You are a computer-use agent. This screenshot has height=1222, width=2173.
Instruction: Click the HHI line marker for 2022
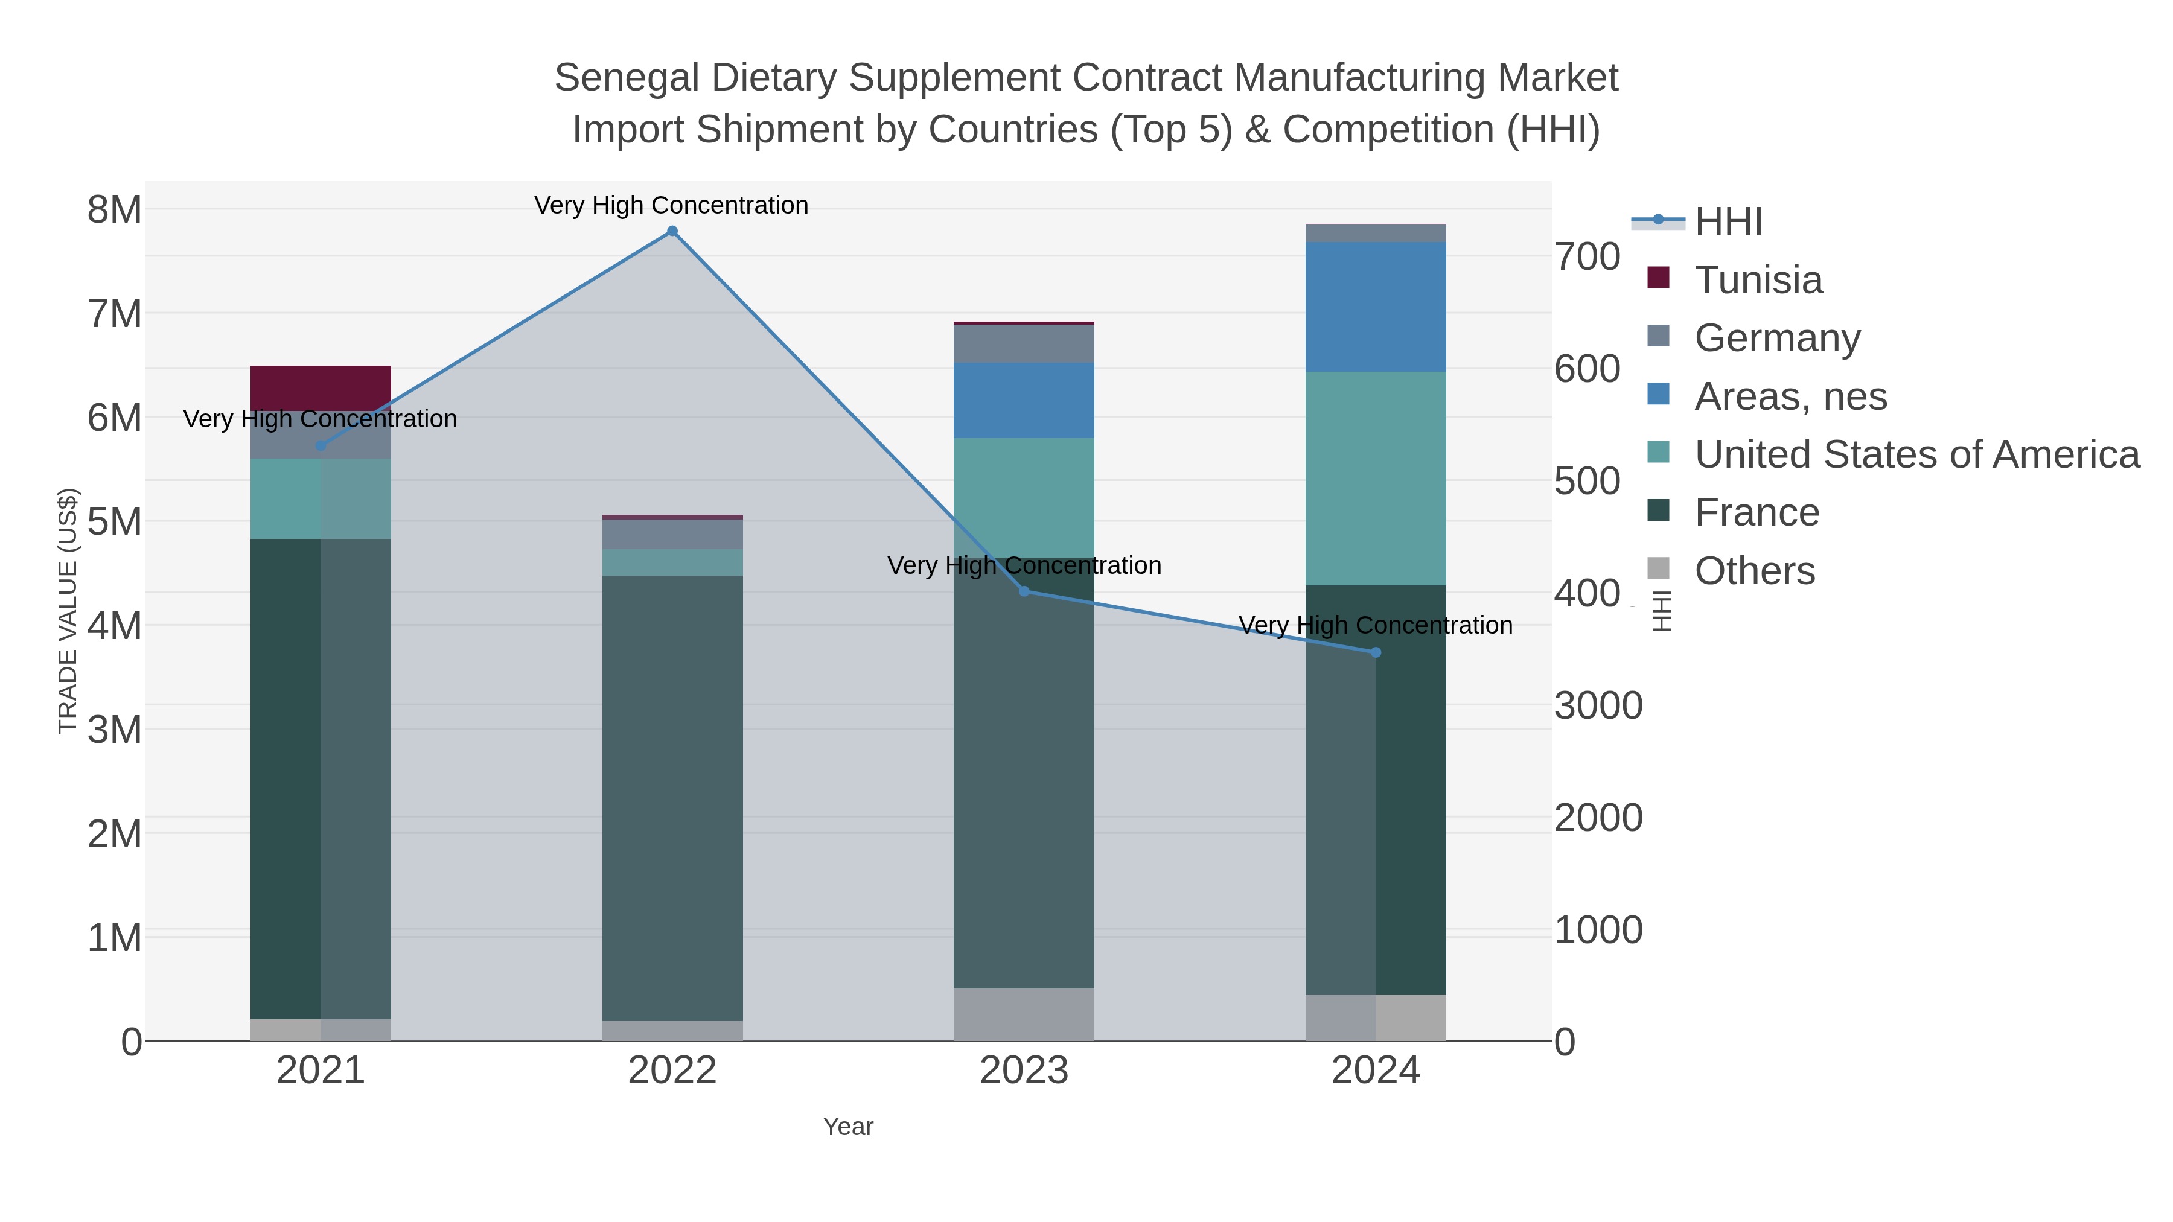click(672, 231)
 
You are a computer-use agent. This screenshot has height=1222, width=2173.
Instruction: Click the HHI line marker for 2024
click(1375, 652)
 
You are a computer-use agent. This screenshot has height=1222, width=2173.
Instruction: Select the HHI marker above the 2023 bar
click(1024, 591)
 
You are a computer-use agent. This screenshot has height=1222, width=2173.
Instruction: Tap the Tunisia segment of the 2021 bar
click(321, 388)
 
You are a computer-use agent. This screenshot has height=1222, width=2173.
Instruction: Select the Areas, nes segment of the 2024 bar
click(1375, 307)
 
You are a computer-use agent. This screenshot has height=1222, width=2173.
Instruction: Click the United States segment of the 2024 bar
click(1375, 478)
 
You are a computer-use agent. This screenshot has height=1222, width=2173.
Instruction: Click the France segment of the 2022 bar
click(672, 797)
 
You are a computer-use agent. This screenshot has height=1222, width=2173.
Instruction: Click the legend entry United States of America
click(1916, 454)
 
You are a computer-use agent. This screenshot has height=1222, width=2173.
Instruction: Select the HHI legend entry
click(1728, 222)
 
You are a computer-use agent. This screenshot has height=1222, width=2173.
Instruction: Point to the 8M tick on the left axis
click(115, 209)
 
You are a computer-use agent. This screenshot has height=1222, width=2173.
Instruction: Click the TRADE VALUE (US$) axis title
click(68, 611)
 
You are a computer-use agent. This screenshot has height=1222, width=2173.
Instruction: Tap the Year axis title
click(848, 1127)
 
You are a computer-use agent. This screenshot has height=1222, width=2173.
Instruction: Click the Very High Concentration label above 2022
click(671, 205)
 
